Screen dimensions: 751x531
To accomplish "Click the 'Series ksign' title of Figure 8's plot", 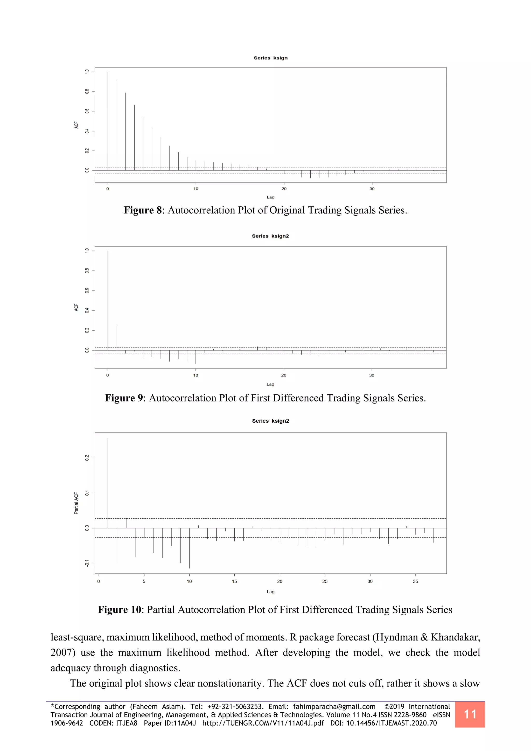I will click(270, 58).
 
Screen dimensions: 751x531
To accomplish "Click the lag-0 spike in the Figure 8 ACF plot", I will click(108, 121).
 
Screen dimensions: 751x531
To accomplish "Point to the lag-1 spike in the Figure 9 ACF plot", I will click(117, 337).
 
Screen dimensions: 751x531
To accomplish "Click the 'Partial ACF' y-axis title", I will click(76, 503).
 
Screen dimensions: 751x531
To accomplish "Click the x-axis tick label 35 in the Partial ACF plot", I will click(415, 581).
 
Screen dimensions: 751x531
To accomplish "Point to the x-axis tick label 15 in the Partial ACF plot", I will click(234, 581).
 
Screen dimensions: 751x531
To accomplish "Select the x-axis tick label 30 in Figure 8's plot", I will click(372, 189).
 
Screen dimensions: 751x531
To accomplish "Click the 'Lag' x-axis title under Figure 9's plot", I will click(270, 384).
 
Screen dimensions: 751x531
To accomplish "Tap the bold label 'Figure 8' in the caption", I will click(143, 210).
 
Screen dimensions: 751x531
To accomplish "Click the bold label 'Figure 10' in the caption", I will click(119, 610).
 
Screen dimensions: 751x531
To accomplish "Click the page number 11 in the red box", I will click(470, 714).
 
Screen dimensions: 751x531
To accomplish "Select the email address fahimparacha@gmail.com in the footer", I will click(334, 706).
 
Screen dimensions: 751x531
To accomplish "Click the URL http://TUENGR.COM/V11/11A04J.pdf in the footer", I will click(263, 723).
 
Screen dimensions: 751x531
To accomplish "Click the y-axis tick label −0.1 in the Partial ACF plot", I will click(87, 563).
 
